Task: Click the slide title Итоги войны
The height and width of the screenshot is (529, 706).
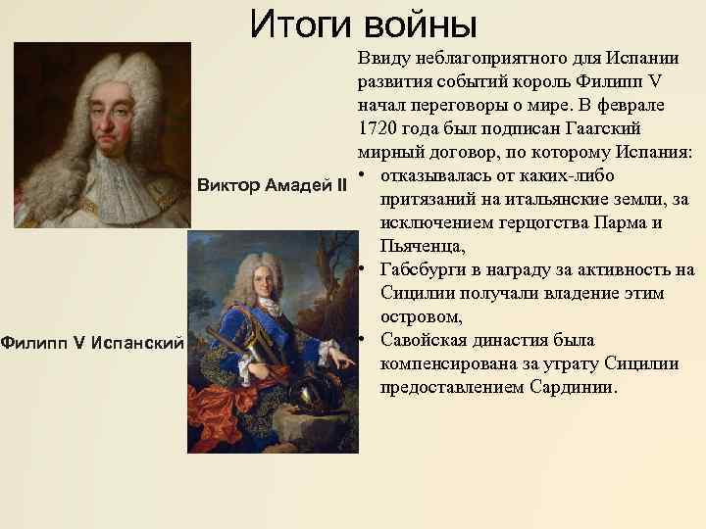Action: pos(363,24)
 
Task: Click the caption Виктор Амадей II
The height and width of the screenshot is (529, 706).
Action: pos(272,185)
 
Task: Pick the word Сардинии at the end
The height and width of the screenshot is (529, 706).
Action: pos(574,388)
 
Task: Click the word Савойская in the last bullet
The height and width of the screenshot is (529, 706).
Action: pos(422,341)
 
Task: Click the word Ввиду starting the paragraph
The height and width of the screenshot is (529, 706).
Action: pos(384,59)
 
